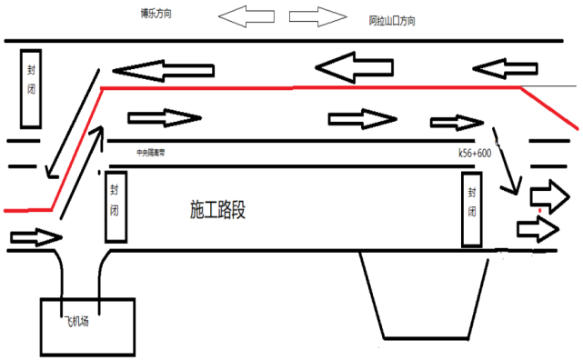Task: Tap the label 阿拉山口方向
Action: (x=393, y=20)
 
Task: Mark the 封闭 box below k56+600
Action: (x=472, y=208)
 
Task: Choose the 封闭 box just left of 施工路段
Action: (x=116, y=206)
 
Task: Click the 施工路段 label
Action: (x=218, y=210)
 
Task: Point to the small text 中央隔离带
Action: (x=152, y=153)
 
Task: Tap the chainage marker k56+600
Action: (x=475, y=154)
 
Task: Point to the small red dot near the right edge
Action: (x=539, y=210)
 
